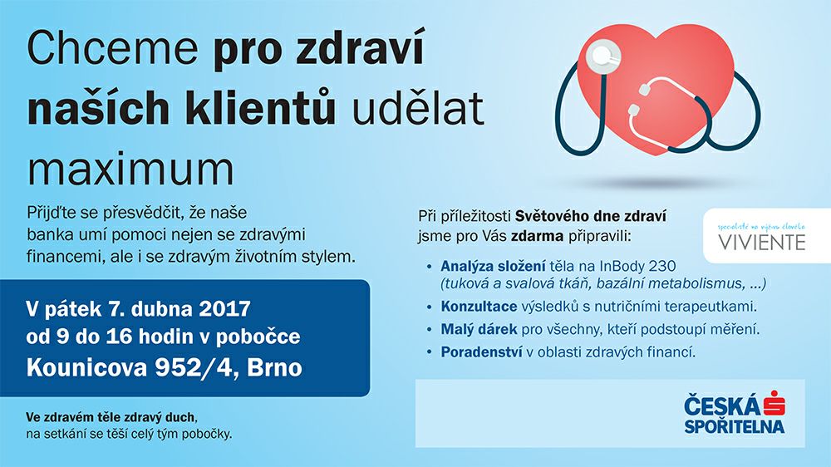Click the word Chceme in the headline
pos(112,47)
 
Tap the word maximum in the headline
pos(130,170)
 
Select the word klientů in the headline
pos(259,108)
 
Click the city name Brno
pos(274,367)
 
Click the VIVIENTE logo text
pos(762,243)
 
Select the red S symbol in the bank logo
pos(774,404)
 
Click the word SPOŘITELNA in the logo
pos(734,426)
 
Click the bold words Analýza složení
pos(493,267)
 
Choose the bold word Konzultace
pos(479,307)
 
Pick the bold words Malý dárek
pos(479,330)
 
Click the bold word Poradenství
pos(481,352)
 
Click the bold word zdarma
pos(537,237)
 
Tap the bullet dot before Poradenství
pos(430,352)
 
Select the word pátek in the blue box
pos(71,309)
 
